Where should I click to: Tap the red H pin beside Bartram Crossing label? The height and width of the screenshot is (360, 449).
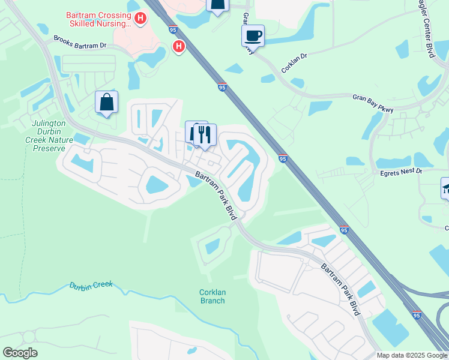140,19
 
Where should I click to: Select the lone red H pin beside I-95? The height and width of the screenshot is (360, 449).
178,46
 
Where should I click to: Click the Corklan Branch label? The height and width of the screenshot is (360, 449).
212,296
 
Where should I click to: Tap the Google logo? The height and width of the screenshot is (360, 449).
20,353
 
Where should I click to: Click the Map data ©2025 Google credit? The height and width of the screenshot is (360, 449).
411,355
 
